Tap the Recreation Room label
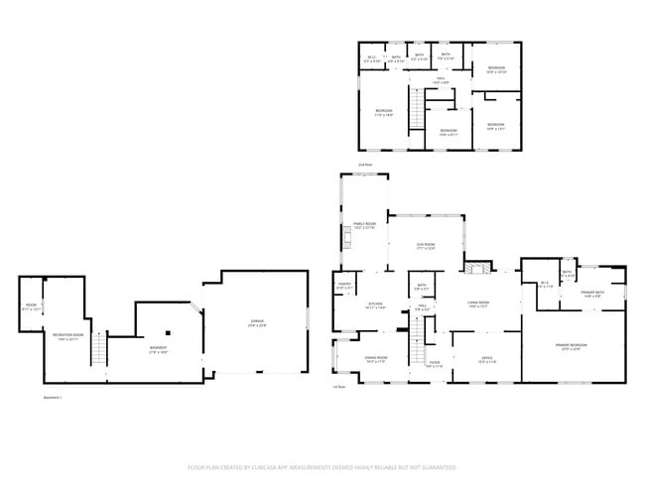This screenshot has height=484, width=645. [x=67, y=337]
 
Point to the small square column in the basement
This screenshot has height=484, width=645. [x=169, y=332]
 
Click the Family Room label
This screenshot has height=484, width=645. [x=364, y=226]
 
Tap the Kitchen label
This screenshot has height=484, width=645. [x=376, y=305]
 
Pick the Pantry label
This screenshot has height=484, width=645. [x=343, y=288]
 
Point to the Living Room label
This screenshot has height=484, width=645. [x=480, y=304]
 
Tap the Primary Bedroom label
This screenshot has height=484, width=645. [x=571, y=347]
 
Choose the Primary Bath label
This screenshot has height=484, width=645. [x=594, y=294]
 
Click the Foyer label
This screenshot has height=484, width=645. [x=434, y=364]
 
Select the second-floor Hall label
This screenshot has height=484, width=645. [x=440, y=79]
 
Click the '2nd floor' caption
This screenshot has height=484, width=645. [x=366, y=165]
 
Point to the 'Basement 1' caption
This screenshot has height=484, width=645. [x=52, y=398]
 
